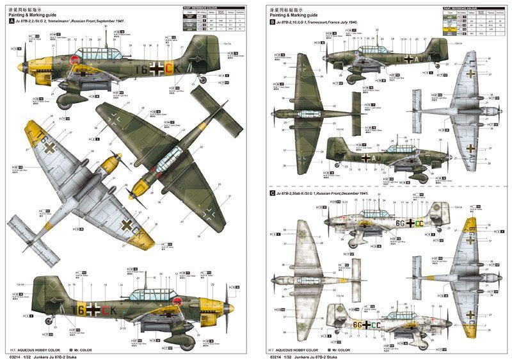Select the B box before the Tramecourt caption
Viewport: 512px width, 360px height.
pyautogui.click(x=273, y=22)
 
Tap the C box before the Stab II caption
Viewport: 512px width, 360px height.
pyautogui.click(x=273, y=193)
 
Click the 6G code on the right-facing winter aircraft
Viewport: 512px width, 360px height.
pyautogui.click(x=355, y=325)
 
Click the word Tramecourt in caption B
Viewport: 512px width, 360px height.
pyautogui.click(x=337, y=22)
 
